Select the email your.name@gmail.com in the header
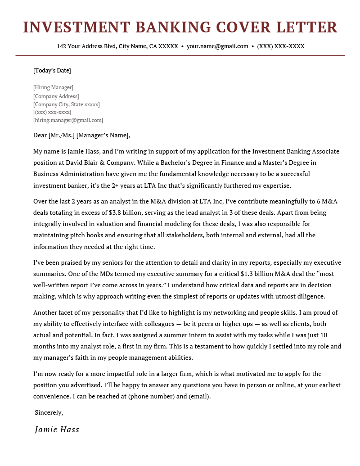coord(217,46)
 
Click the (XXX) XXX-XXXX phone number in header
coord(281,46)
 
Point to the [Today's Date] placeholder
coord(52,71)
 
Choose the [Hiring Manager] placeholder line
coord(53,87)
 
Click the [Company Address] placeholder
coord(56,96)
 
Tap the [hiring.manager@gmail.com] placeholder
coord(68,120)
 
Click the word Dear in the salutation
coord(40,136)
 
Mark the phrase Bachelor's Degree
coord(189,163)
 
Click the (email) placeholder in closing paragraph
coord(198,397)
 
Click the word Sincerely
coord(49,412)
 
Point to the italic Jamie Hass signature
coord(57,430)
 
